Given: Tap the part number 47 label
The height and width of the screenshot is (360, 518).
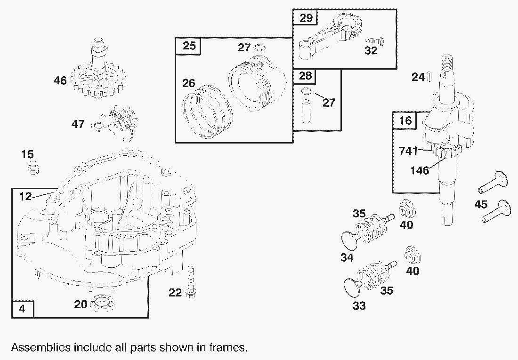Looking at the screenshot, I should (78, 124).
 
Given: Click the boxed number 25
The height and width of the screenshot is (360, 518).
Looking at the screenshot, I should (188, 46).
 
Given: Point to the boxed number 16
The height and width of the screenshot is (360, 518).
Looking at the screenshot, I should (405, 121).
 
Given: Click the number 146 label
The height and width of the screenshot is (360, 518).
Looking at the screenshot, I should (419, 170).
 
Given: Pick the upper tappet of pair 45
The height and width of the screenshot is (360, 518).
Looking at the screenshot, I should (494, 182).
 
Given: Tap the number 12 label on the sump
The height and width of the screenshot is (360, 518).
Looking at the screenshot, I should (25, 196).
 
